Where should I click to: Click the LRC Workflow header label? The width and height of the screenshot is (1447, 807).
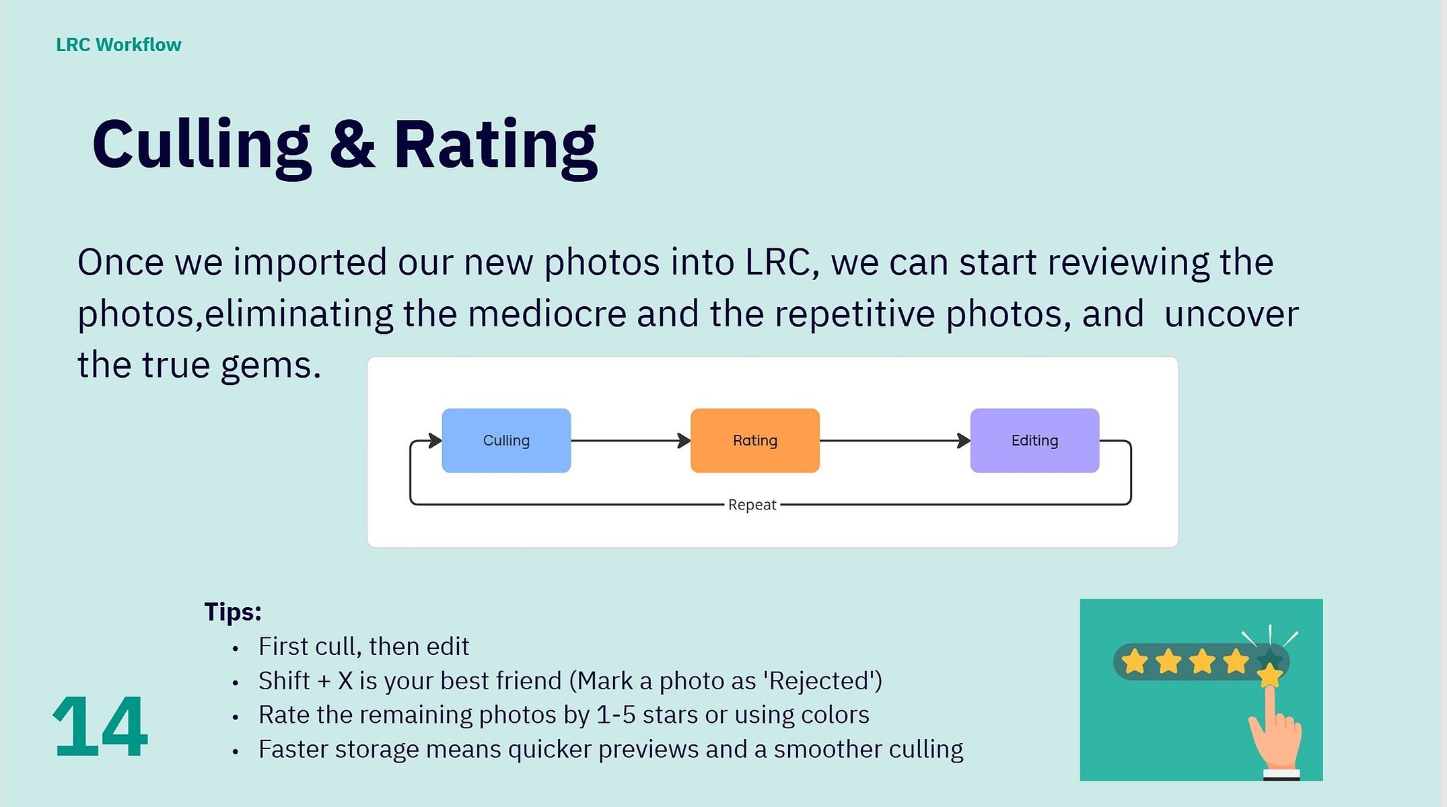tap(118, 44)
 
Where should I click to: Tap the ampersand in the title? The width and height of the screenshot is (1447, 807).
tap(352, 144)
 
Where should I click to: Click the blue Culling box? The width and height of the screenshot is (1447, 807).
tap(506, 440)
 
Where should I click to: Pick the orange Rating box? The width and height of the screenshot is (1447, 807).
tap(755, 440)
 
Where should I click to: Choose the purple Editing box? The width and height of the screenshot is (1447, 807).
tap(1034, 440)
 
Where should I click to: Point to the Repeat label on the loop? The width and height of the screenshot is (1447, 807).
tap(752, 505)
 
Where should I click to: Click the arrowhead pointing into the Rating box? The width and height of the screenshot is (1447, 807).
tap(684, 441)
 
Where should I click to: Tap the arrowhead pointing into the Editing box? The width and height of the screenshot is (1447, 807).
tap(963, 441)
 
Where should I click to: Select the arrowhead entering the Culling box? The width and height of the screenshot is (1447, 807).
tap(435, 441)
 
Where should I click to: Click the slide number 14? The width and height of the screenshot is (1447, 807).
tap(100, 727)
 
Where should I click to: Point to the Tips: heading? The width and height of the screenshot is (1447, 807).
tap(232, 612)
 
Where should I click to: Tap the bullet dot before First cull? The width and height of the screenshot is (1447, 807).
tap(235, 649)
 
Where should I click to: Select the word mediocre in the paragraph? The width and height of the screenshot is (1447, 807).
tap(547, 314)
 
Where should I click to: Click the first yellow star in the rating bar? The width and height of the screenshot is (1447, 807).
tap(1135, 661)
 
